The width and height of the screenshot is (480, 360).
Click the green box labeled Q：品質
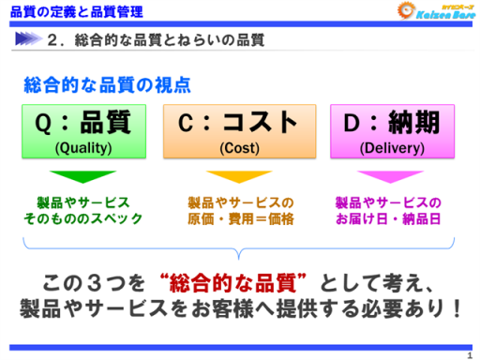tap(83, 132)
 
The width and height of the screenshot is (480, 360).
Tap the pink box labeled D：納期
tap(387, 132)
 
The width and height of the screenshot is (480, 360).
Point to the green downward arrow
tap(82, 176)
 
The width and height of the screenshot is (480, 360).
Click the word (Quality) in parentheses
tap(83, 147)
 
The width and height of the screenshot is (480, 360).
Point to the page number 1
tap(469, 353)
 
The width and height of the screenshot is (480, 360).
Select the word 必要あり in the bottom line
tap(402, 307)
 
